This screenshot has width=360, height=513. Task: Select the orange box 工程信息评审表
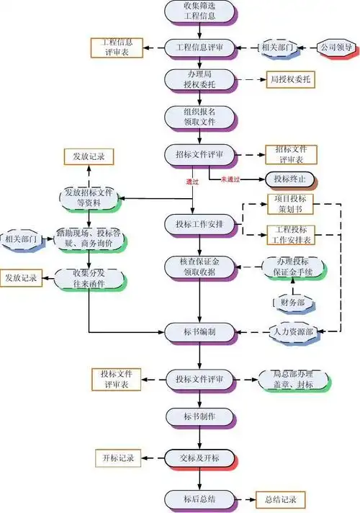tap(117, 48)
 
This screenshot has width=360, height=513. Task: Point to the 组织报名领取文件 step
tap(199, 117)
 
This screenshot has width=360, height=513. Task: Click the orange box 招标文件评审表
tap(290, 154)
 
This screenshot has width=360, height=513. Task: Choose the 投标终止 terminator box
tap(291, 179)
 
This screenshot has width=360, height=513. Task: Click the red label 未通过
tap(230, 179)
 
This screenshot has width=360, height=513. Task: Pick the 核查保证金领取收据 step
tap(199, 267)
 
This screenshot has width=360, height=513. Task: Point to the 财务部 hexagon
tap(291, 300)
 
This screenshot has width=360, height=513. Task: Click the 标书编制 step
tap(199, 331)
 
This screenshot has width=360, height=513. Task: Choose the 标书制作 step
tap(199, 416)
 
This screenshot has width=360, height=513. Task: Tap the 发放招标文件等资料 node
tap(89, 197)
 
